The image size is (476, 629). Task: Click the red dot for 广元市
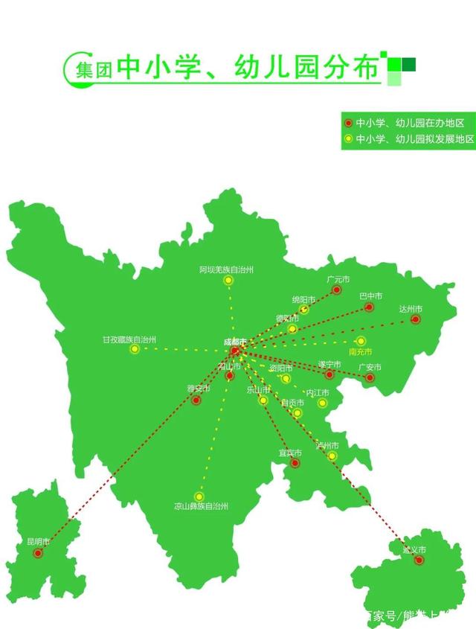click(336, 290)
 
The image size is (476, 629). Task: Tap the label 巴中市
click(370, 296)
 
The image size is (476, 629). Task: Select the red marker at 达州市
click(415, 319)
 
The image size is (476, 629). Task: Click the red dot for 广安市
click(370, 377)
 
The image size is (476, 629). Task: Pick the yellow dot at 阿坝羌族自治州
click(228, 281)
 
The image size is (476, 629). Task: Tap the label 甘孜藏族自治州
click(129, 339)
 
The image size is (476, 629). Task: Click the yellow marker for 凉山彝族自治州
click(199, 497)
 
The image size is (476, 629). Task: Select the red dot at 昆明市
click(38, 553)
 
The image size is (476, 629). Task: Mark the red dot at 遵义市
click(419, 560)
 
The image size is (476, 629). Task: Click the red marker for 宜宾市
click(295, 463)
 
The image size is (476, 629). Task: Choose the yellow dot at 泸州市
click(332, 456)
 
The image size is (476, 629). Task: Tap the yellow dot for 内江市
click(322, 403)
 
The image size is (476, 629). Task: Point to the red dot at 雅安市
click(196, 400)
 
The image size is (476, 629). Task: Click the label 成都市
click(234, 342)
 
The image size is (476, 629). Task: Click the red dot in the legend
click(349, 123)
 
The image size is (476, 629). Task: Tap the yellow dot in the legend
click(349, 139)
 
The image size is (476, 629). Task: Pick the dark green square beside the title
click(408, 65)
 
